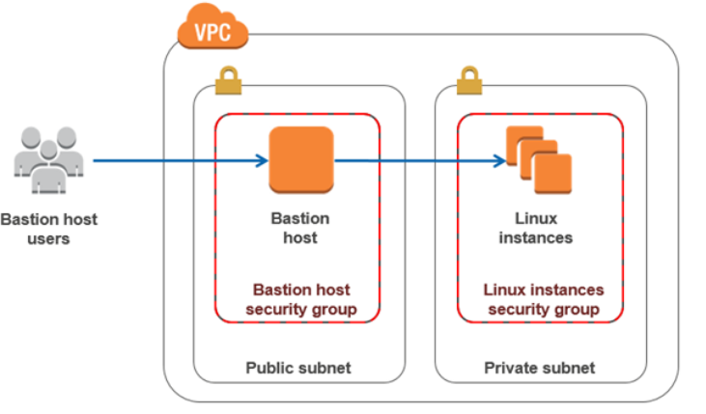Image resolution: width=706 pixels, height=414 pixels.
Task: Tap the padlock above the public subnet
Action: pyautogui.click(x=228, y=81)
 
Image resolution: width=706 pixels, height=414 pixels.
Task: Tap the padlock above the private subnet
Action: pyautogui.click(x=469, y=81)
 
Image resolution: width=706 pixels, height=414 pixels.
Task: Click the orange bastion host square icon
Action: pyautogui.click(x=300, y=159)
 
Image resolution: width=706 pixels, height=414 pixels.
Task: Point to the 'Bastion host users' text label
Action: pyautogui.click(x=48, y=229)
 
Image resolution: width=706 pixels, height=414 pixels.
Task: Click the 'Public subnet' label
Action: pyautogui.click(x=298, y=368)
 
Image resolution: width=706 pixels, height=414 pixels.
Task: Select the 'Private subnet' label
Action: pyautogui.click(x=540, y=368)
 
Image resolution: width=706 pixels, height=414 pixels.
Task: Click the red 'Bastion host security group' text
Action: pyautogui.click(x=299, y=299)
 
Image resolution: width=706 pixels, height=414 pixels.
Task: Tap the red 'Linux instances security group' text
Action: pyautogui.click(x=543, y=299)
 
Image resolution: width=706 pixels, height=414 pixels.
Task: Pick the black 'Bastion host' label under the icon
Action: pyautogui.click(x=299, y=228)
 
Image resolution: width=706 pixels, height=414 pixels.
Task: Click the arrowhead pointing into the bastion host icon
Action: pyautogui.click(x=262, y=160)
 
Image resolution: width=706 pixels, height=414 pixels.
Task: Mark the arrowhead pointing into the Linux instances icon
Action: pyautogui.click(x=499, y=160)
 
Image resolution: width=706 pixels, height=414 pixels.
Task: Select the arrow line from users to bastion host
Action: pyautogui.click(x=174, y=160)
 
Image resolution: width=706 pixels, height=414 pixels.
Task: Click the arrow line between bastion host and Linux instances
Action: pyautogui.click(x=415, y=160)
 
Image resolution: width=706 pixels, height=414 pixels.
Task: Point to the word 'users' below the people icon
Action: pyautogui.click(x=48, y=238)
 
